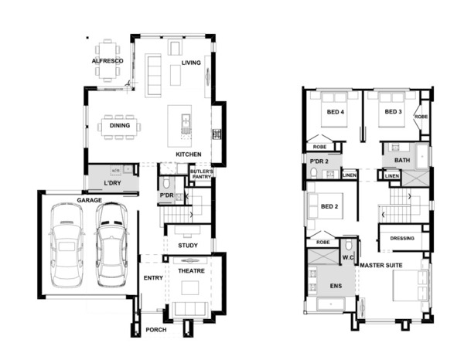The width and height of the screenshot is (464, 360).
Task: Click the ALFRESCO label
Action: pyautogui.click(x=107, y=61)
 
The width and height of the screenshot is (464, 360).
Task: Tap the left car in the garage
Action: pyautogui.click(x=67, y=246)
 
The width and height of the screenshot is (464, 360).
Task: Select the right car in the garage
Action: pyautogui.click(x=112, y=245)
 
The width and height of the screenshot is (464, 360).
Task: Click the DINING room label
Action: pyautogui.click(x=120, y=125)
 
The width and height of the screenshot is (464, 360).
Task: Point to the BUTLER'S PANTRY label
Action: pyautogui.click(x=201, y=174)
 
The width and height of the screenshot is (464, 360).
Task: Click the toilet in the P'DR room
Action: pyautogui.click(x=166, y=183)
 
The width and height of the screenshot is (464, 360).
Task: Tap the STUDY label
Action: pyautogui.click(x=188, y=246)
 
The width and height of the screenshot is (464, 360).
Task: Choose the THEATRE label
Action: pyautogui.click(x=191, y=270)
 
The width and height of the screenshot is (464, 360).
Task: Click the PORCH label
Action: pyautogui.click(x=156, y=330)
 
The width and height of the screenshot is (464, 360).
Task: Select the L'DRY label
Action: pyautogui.click(x=112, y=183)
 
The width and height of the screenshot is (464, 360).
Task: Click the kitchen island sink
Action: pyautogui.click(x=186, y=121)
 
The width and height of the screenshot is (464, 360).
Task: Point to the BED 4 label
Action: pyautogui.click(x=336, y=112)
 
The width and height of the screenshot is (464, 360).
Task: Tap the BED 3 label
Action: pyautogui.click(x=393, y=112)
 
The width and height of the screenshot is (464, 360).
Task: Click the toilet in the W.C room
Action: pyautogui.click(x=349, y=245)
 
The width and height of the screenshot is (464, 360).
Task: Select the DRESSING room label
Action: pyautogui.click(x=402, y=238)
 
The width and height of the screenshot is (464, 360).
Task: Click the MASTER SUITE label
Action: pyautogui.click(x=381, y=266)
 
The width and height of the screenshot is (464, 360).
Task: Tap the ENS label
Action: pyautogui.click(x=336, y=286)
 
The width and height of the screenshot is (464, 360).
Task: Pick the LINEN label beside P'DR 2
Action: pyautogui.click(x=350, y=175)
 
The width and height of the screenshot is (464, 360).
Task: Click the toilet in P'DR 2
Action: pyautogui.click(x=313, y=172)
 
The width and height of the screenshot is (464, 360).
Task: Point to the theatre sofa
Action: pyautogui.click(x=190, y=309)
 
